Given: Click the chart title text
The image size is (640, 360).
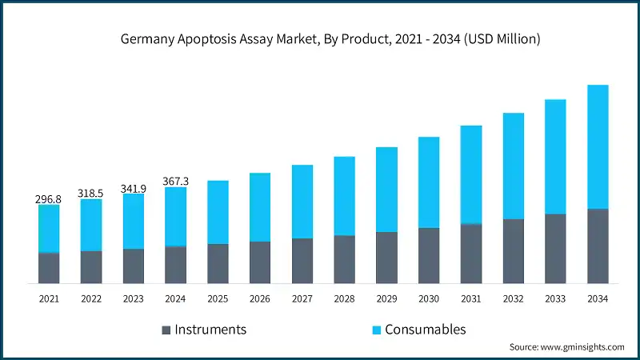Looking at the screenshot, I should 320,39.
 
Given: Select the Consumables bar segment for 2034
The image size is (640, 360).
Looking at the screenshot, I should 598,146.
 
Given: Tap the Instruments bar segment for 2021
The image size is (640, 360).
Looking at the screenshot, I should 49,268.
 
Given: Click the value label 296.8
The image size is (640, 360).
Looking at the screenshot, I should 49,198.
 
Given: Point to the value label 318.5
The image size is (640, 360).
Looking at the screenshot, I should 91,193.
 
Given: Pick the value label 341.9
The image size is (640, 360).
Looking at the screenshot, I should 134,188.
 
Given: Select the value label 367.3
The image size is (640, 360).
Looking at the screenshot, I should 176,182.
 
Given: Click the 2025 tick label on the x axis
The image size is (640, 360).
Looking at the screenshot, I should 218,298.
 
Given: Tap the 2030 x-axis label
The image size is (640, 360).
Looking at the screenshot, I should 429,298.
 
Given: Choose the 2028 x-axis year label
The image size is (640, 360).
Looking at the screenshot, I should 344,298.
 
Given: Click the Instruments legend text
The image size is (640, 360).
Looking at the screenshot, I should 210,330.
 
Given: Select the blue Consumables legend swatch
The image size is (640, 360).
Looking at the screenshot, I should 375,330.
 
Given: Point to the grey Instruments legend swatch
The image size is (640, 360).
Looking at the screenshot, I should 166,330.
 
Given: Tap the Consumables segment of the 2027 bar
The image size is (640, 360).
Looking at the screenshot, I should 302,202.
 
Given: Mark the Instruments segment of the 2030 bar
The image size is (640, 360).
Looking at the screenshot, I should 429,255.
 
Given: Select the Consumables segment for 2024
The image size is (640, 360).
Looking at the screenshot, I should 176,217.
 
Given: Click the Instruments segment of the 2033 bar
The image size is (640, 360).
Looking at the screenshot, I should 555,248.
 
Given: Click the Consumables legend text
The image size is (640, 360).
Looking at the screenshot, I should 425,330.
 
